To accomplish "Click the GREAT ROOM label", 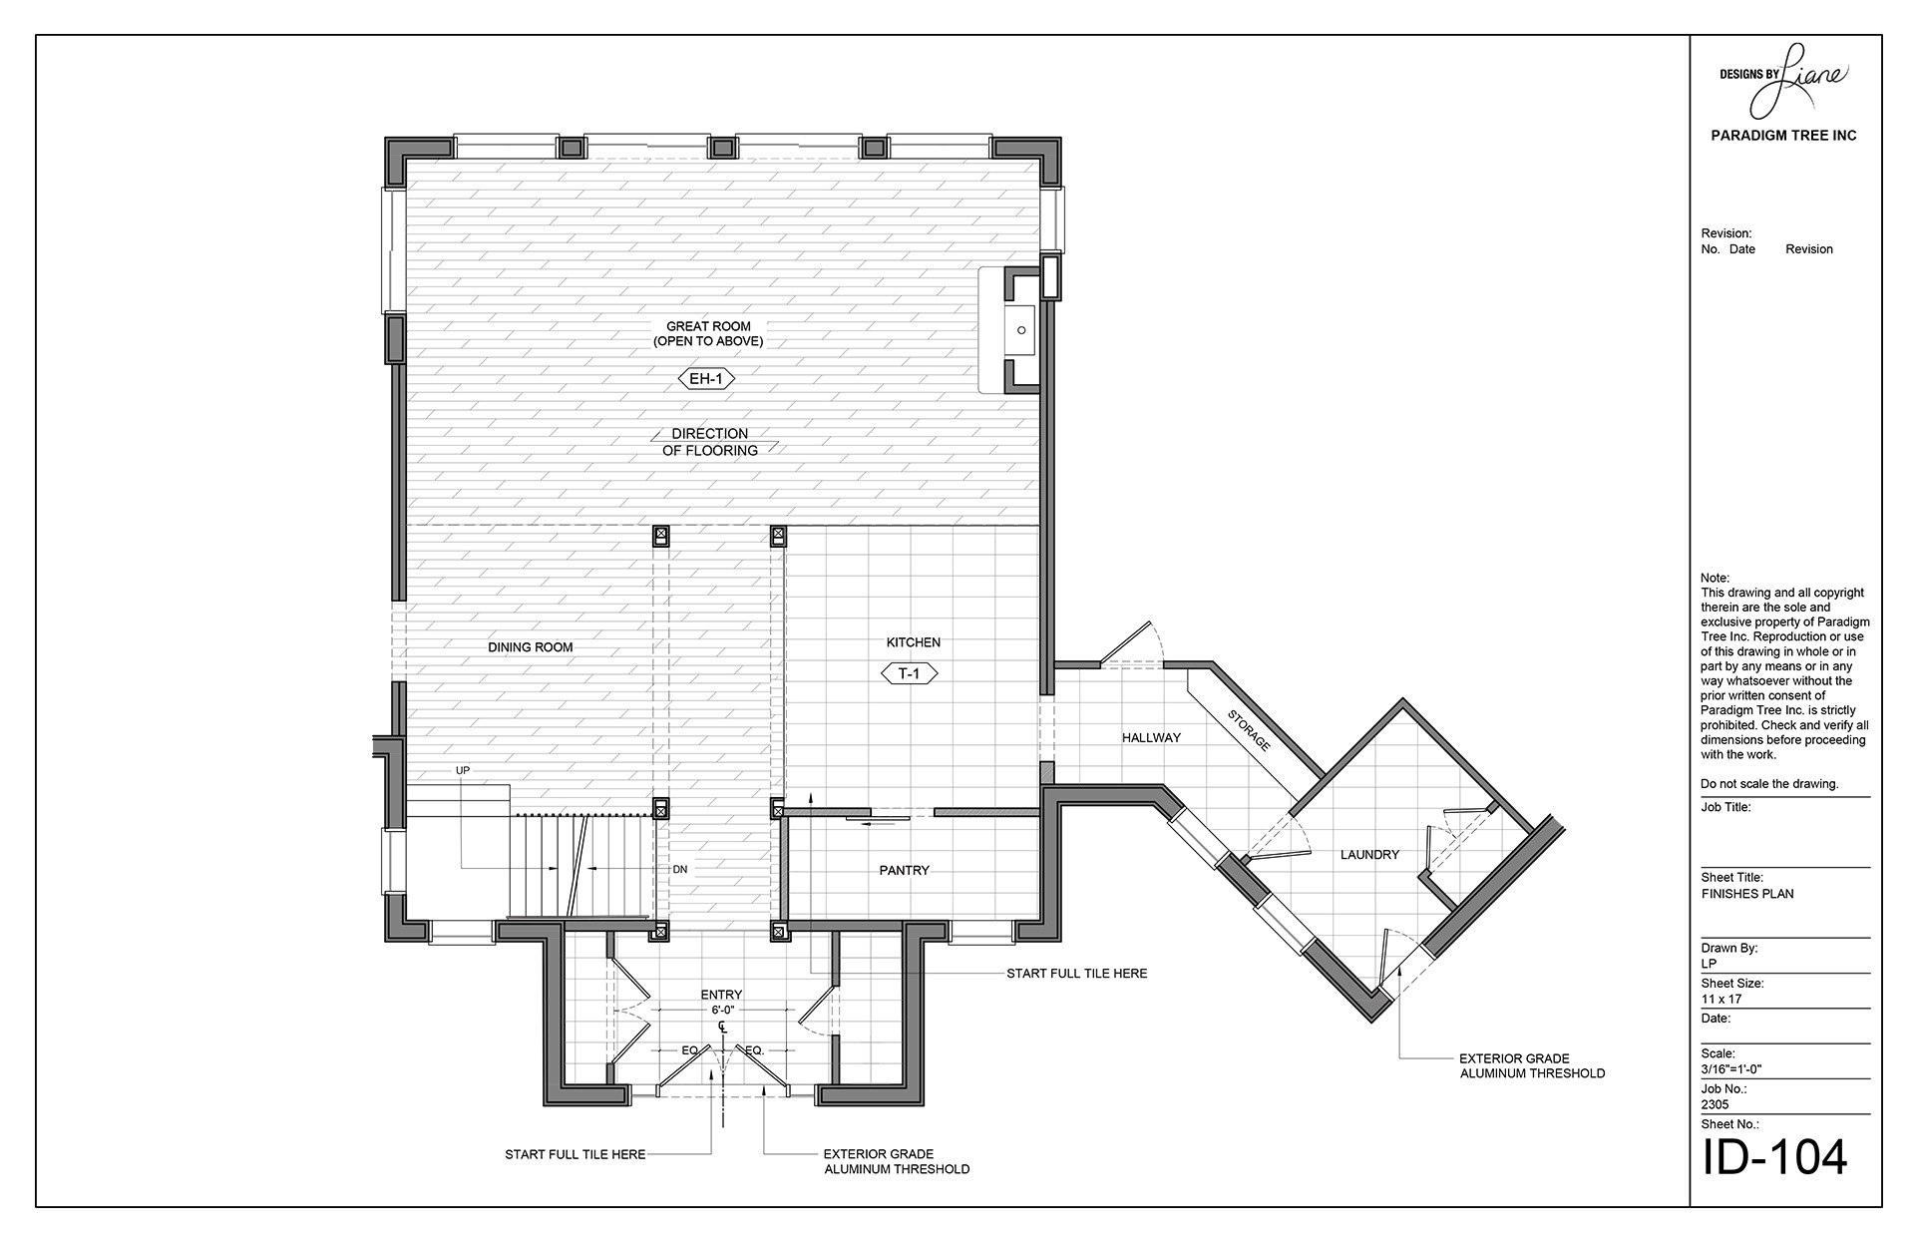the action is (x=708, y=326).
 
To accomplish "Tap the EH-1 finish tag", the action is (x=706, y=378).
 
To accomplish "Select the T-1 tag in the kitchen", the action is (x=909, y=673).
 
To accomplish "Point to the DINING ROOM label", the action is (x=531, y=647).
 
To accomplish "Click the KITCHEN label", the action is (x=914, y=642).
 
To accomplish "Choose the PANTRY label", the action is (x=905, y=871).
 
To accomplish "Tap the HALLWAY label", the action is (x=1151, y=738).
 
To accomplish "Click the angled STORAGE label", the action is (x=1249, y=730).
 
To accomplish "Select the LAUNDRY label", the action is (x=1369, y=855).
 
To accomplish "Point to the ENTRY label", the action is (x=721, y=995).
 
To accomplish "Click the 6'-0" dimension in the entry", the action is (x=721, y=1010).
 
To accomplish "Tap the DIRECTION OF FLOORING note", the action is (x=710, y=442).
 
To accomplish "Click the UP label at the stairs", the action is (x=463, y=771).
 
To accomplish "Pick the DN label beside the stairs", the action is (x=680, y=870).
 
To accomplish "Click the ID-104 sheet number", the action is (x=1774, y=1156).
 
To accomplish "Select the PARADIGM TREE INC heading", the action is (x=1783, y=136).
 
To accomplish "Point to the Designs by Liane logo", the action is (x=1783, y=79).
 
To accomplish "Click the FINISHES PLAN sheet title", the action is (x=1747, y=894).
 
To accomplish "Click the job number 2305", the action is (x=1716, y=1105).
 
